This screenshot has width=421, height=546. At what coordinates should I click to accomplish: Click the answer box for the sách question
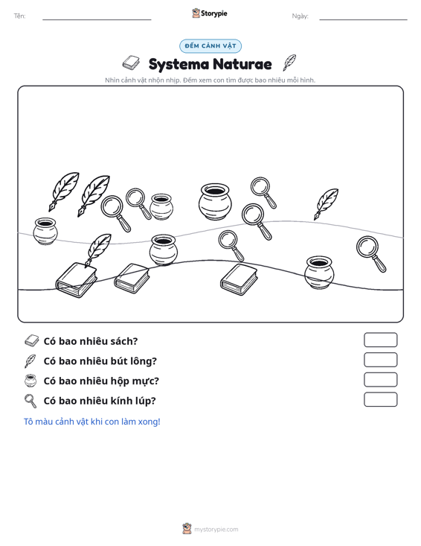click(380, 340)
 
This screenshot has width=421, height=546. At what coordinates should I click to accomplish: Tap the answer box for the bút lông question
click(380, 360)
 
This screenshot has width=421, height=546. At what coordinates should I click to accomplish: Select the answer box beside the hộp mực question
click(380, 380)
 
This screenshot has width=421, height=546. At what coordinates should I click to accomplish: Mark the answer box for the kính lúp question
click(380, 399)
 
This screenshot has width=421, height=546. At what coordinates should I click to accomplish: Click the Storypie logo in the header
click(210, 13)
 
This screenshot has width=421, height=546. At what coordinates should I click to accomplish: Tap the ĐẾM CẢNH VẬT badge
click(210, 46)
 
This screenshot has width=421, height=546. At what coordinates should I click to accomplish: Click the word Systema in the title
click(179, 64)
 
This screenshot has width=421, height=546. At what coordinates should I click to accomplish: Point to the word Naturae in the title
click(242, 64)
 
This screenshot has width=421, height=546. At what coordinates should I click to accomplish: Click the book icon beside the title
click(131, 63)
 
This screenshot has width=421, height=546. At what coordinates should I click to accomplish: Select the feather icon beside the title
click(289, 63)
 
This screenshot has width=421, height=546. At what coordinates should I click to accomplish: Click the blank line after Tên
click(97, 19)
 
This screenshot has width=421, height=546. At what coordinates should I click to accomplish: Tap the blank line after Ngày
click(363, 19)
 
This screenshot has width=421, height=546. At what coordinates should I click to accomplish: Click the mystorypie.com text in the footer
click(216, 530)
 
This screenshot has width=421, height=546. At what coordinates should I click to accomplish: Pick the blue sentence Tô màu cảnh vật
click(91, 422)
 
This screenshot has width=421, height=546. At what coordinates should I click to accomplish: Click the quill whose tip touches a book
click(97, 250)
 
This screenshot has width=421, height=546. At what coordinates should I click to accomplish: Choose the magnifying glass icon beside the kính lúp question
click(30, 401)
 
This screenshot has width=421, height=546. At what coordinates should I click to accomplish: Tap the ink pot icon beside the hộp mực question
click(30, 380)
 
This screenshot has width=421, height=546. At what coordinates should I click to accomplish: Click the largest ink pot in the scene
click(214, 202)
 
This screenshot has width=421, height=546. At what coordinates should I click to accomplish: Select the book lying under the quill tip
click(76, 280)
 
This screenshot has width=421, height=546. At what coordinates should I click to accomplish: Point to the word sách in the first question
click(124, 341)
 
